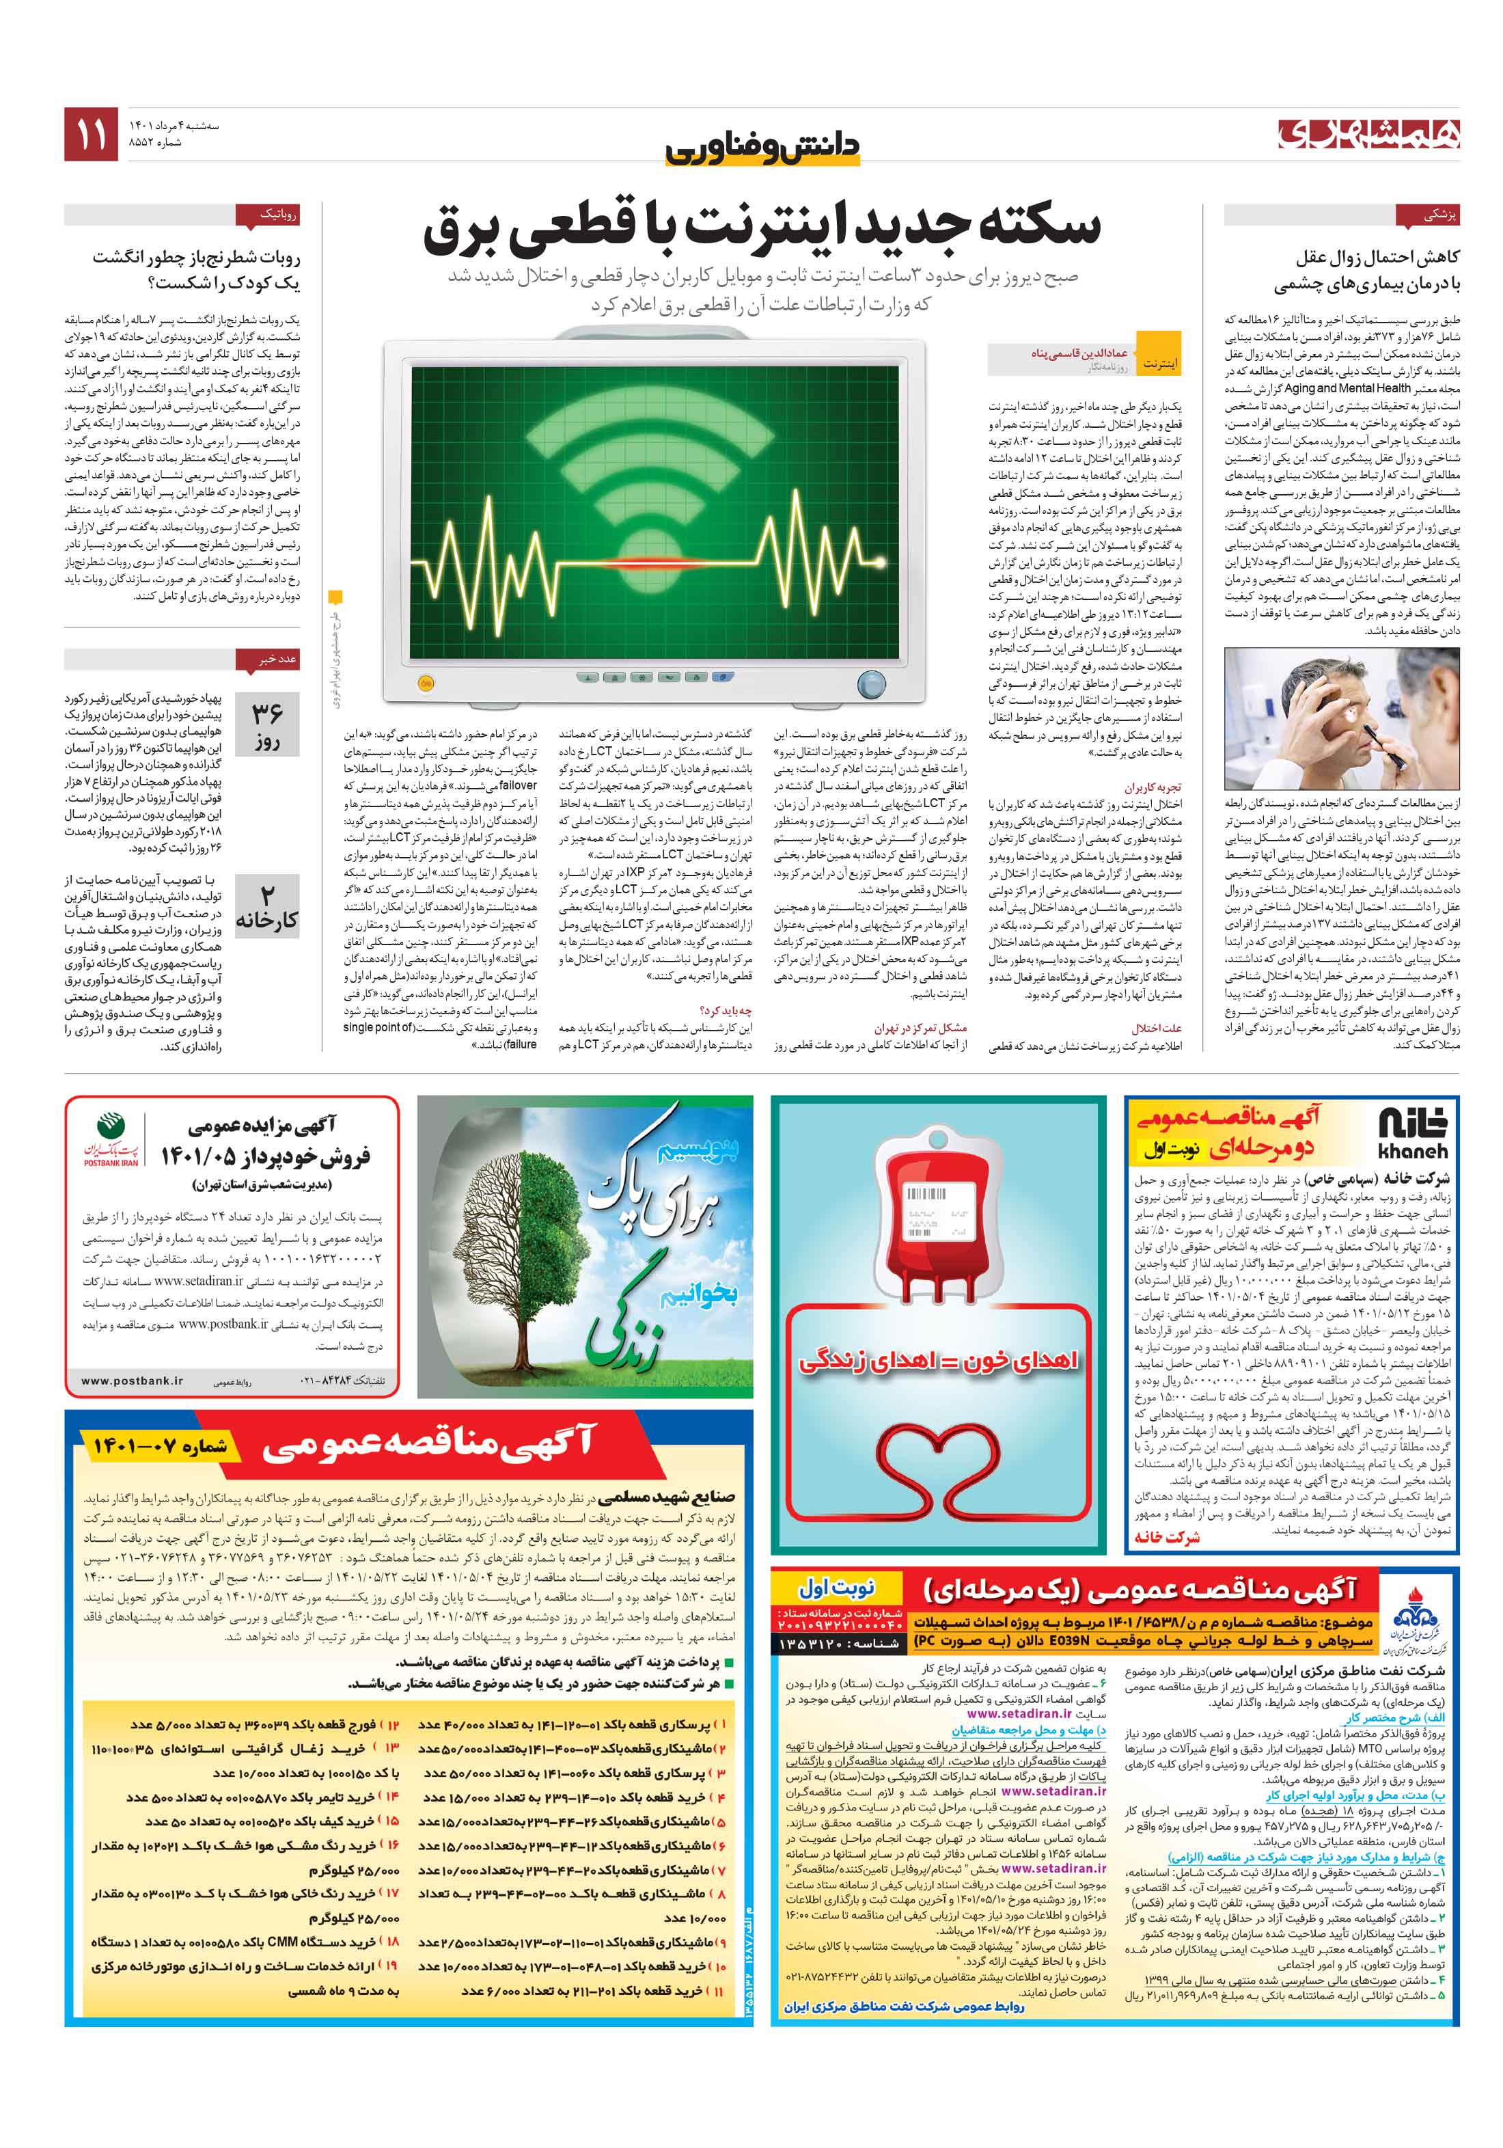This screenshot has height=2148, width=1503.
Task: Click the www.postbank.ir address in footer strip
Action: pos(132,1381)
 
